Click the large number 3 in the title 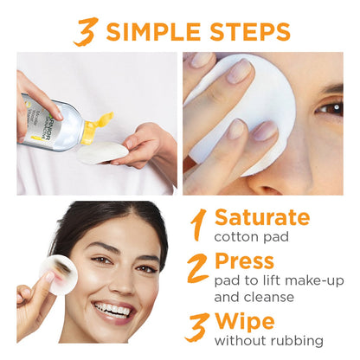(x=86, y=32)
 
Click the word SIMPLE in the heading (x=156, y=32)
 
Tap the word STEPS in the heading (x=248, y=32)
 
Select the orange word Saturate (x=261, y=216)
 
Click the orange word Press (x=244, y=260)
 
